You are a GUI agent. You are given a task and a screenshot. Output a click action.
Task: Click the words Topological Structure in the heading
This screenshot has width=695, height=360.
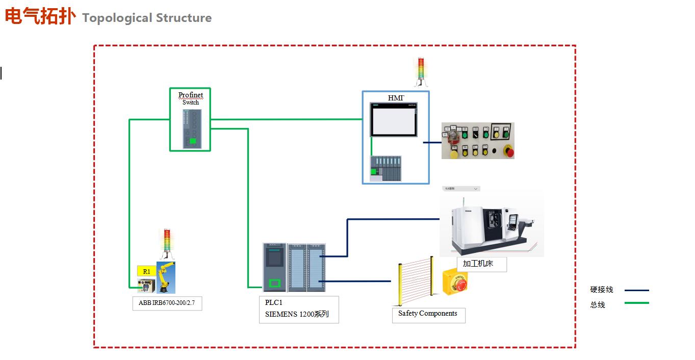pyautogui.click(x=147, y=18)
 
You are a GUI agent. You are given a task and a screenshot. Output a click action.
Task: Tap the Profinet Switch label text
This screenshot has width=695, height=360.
pyautogui.click(x=191, y=98)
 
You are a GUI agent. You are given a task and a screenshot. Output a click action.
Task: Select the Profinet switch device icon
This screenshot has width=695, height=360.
pyautogui.click(x=192, y=129)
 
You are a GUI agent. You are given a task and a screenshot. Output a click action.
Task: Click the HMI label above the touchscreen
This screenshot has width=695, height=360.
pyautogui.click(x=396, y=98)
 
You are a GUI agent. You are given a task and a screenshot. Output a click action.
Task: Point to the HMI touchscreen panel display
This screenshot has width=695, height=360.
pyautogui.click(x=394, y=120)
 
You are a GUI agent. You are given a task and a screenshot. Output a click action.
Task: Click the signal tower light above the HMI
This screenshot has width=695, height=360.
pyautogui.click(x=421, y=71)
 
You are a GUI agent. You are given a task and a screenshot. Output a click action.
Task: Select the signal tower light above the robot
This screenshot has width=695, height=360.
pyautogui.click(x=166, y=244)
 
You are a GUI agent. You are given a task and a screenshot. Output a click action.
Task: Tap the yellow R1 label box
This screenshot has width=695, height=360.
pyautogui.click(x=146, y=271)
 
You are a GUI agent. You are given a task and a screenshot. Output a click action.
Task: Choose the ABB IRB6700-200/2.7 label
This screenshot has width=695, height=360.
pyautogui.click(x=167, y=303)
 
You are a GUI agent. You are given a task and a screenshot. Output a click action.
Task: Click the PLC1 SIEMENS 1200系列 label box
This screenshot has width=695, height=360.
pyautogui.click(x=298, y=309)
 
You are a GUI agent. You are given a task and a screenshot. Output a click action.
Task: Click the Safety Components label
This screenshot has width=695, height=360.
pyautogui.click(x=428, y=314)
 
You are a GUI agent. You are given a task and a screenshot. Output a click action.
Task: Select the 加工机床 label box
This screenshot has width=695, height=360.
pyautogui.click(x=481, y=264)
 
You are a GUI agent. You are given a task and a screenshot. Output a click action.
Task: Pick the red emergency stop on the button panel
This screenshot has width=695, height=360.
pyautogui.click(x=508, y=151)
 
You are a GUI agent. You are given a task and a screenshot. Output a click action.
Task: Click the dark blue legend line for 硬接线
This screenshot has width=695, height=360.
pyautogui.click(x=636, y=290)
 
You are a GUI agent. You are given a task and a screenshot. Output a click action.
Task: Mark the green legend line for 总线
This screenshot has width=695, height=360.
pyautogui.click(x=636, y=303)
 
